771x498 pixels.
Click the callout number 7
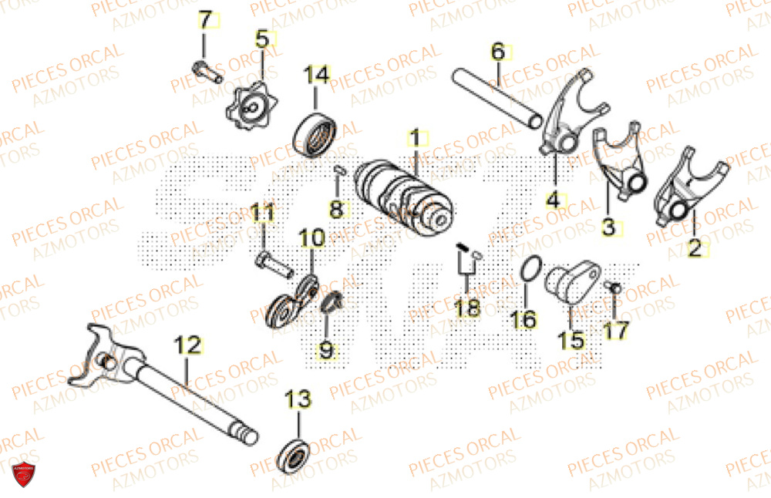click(204, 22)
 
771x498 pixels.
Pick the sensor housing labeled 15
click(570, 284)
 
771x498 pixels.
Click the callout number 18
click(467, 309)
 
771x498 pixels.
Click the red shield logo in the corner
click(23, 476)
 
